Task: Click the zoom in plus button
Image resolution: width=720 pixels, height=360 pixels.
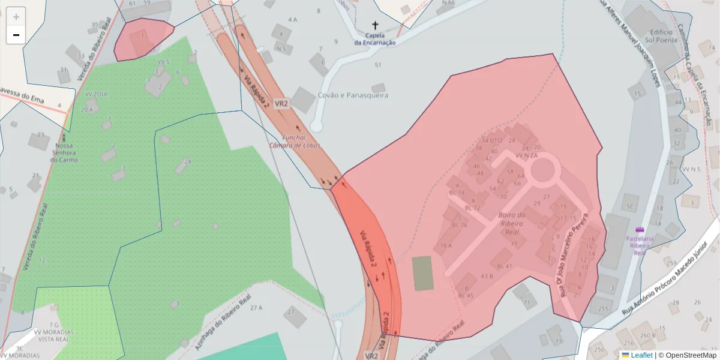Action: click(16, 17)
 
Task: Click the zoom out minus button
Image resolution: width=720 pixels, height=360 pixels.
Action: click(16, 35)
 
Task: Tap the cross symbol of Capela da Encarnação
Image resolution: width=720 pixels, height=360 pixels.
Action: click(376, 25)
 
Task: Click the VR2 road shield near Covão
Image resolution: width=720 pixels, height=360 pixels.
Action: click(281, 103)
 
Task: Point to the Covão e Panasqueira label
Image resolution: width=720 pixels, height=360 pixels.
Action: click(353, 95)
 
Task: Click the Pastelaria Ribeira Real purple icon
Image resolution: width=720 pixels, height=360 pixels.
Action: click(640, 230)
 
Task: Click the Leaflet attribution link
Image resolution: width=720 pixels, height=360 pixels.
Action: click(641, 355)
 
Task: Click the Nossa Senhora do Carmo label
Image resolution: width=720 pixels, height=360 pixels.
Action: click(64, 152)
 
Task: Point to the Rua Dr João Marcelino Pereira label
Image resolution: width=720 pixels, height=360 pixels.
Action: click(573, 253)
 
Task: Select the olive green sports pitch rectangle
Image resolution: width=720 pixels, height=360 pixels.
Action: click(422, 273)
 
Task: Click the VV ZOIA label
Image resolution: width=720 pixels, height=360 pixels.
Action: click(95, 94)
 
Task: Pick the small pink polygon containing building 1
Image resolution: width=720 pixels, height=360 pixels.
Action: click(142, 39)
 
